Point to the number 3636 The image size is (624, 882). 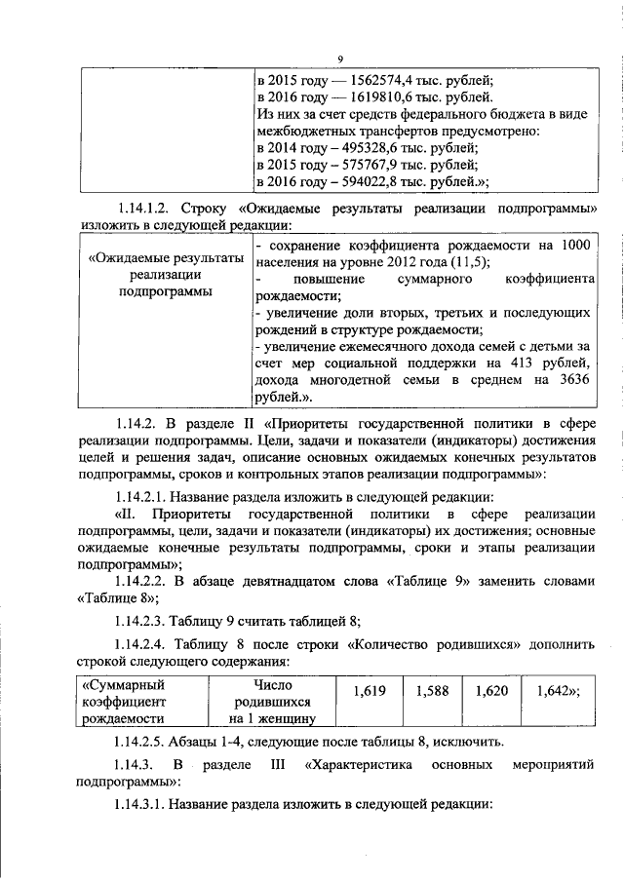tap(573, 383)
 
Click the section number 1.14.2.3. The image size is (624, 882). tap(139, 619)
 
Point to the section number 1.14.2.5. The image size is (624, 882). tap(139, 742)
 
